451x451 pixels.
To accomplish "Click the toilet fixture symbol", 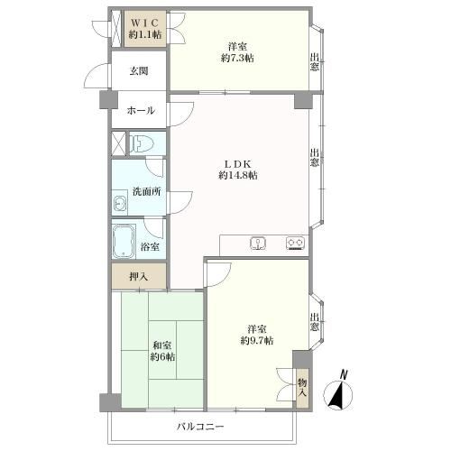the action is (x=142, y=143).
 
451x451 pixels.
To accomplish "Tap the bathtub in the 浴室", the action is (x=124, y=241).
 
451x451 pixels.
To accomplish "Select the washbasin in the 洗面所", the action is (x=119, y=204).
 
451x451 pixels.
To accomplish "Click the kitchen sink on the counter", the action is (x=258, y=243).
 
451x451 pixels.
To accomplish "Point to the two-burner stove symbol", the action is (x=295, y=243).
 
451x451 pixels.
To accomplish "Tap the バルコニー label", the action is (x=200, y=427).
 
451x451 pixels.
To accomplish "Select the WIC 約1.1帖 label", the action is (x=145, y=29).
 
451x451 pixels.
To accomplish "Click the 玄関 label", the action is (x=139, y=71).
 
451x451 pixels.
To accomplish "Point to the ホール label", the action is (x=141, y=111).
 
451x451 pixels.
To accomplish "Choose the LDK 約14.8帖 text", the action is (x=238, y=170).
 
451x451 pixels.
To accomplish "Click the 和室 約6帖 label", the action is (x=162, y=351).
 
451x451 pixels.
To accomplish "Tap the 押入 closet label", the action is (x=139, y=277).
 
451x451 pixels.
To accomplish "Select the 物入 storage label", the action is (x=302, y=388).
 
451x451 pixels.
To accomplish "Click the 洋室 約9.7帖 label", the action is (x=257, y=335).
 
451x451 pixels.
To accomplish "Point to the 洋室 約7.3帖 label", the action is (x=237, y=52).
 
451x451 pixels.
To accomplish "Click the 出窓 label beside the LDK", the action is (x=315, y=157).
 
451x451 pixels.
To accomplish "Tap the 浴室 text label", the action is (x=150, y=247).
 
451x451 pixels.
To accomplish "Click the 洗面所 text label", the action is (x=147, y=191).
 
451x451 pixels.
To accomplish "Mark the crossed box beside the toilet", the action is (x=118, y=143).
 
